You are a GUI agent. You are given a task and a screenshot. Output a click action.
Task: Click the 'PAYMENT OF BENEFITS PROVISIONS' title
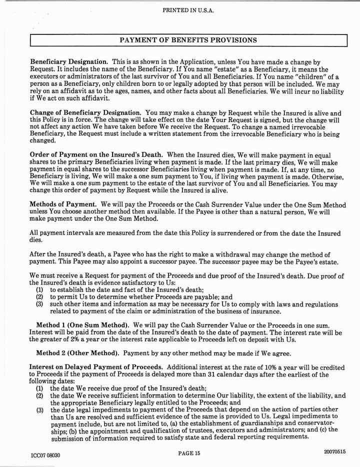point(188,39)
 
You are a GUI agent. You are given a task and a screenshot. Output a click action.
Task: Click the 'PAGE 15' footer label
point(188,453)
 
